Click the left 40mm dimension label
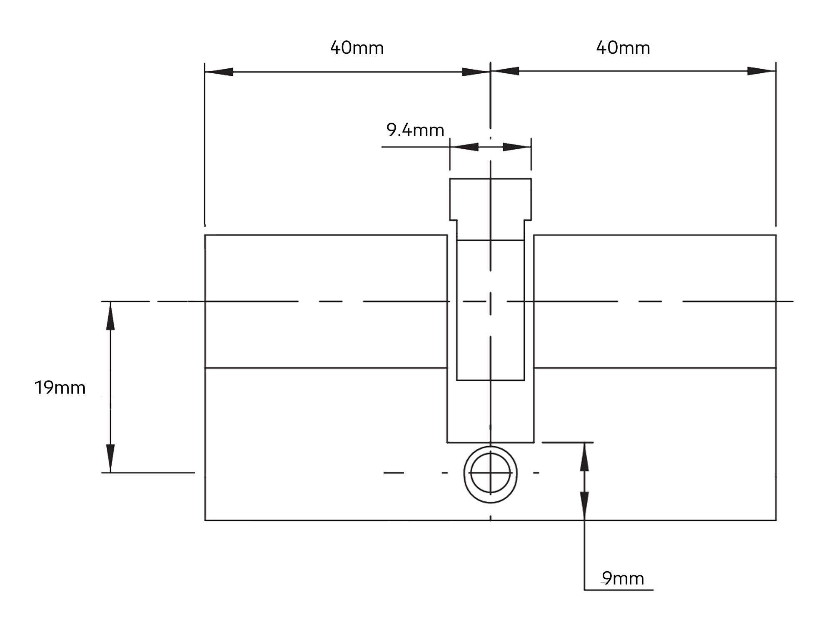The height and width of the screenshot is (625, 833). (357, 48)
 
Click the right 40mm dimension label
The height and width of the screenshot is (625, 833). (623, 48)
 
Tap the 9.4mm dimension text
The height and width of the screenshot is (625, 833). (415, 130)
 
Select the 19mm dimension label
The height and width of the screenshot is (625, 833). (60, 388)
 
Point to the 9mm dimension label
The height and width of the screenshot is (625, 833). (623, 578)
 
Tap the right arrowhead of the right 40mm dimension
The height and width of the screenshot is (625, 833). (761, 71)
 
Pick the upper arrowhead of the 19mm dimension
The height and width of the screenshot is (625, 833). (110, 315)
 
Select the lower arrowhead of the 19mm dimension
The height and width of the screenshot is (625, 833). (110, 458)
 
